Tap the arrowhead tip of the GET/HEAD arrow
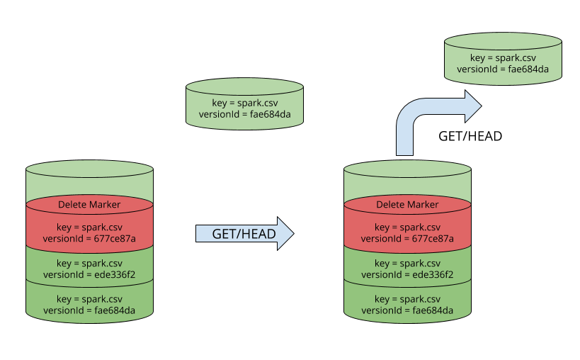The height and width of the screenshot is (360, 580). (292, 233)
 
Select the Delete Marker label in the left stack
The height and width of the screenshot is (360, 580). (89, 205)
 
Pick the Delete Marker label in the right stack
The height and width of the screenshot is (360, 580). (407, 205)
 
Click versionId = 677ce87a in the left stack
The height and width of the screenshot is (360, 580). (89, 239)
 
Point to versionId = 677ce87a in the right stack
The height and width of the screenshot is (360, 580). (407, 239)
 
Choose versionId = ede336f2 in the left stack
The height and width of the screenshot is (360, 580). (89, 275)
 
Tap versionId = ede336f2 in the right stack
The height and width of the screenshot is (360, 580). (407, 275)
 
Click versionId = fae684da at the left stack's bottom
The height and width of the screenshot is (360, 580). (89, 310)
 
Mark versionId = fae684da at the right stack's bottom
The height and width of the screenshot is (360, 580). (407, 310)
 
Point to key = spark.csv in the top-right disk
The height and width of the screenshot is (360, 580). (503, 58)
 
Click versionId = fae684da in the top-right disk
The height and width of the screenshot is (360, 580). (503, 69)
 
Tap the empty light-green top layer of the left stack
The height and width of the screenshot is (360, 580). (89, 186)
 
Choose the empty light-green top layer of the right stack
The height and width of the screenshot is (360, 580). (407, 186)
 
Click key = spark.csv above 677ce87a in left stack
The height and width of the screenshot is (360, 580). (89, 227)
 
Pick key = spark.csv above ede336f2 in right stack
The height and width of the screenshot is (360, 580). (407, 264)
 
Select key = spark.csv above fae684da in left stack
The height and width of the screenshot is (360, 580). (89, 299)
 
